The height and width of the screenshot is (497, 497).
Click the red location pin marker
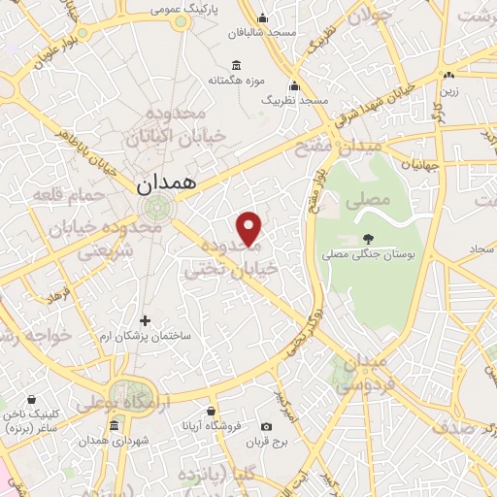point(249,227)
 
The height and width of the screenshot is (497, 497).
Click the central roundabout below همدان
point(153,209)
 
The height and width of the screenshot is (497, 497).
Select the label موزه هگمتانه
point(243,79)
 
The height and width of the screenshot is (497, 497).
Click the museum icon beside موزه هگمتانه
point(224,61)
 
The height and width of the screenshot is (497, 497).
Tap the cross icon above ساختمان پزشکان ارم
point(146,319)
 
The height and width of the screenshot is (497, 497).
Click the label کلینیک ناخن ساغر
point(32,419)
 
